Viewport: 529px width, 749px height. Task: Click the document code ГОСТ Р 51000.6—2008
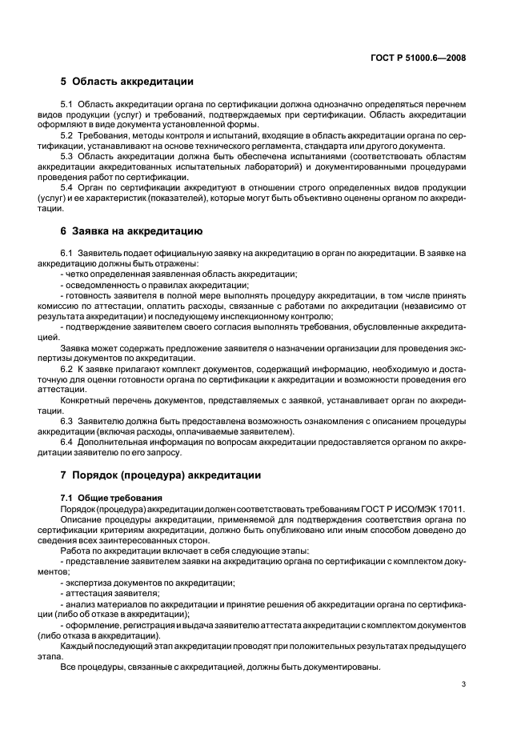coord(419,58)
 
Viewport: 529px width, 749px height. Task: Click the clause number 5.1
coord(66,106)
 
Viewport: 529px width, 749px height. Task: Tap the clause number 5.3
coord(66,158)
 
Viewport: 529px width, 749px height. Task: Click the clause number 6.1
coord(66,253)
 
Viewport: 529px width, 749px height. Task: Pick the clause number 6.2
coord(66,367)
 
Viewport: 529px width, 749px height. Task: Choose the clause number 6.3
coord(66,420)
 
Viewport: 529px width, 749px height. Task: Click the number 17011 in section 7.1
coord(450,510)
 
